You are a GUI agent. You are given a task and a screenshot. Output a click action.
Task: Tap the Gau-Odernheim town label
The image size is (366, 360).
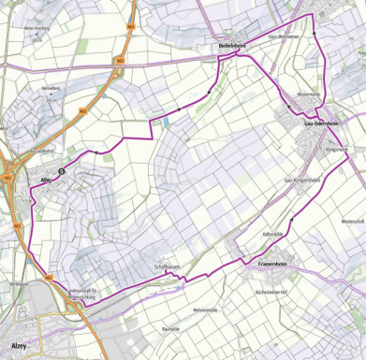(x=321, y=122)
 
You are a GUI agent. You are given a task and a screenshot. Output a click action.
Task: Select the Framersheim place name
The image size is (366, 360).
(x=273, y=265)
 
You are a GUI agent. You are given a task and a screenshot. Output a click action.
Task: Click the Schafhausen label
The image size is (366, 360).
(x=167, y=267)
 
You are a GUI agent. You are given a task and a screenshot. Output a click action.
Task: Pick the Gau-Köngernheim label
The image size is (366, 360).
(x=301, y=180)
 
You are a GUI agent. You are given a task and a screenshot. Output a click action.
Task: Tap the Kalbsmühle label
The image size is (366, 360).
(x=273, y=234)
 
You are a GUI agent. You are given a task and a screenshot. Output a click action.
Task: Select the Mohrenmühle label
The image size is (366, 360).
(x=204, y=309)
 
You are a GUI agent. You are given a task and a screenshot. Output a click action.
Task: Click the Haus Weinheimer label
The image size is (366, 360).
(x=283, y=36)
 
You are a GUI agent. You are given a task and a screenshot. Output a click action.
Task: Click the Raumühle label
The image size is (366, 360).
(x=170, y=329)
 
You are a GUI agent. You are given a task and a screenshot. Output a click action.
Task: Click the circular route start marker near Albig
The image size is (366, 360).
(x=62, y=171)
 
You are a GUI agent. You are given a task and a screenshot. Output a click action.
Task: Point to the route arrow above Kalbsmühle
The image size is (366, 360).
(x=291, y=219)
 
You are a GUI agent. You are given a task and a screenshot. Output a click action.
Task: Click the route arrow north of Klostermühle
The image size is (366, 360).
(x=315, y=34)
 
